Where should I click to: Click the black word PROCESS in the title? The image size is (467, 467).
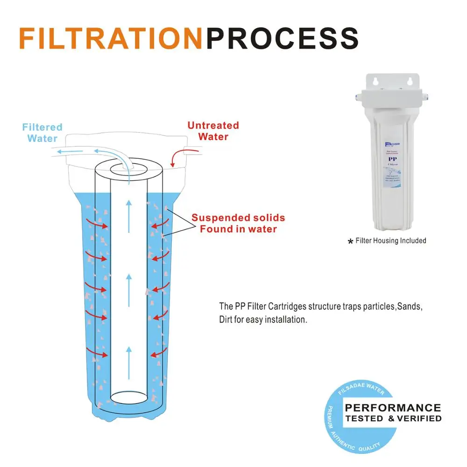[x=282, y=39]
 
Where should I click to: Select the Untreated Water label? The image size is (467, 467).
[x=213, y=131]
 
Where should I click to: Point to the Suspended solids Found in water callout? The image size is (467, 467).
[x=238, y=223]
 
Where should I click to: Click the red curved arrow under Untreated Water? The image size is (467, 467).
[x=177, y=157]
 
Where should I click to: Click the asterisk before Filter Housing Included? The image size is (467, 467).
[x=350, y=242]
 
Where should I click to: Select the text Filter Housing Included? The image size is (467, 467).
[x=391, y=241]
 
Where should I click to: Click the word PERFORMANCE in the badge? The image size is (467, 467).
[x=393, y=408]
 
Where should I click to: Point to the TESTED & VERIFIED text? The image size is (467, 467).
[x=393, y=418]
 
